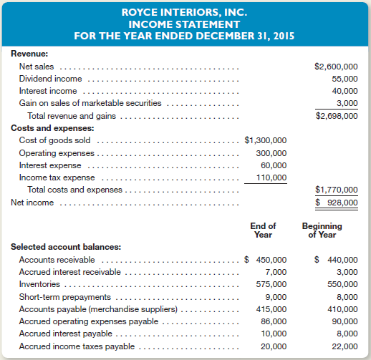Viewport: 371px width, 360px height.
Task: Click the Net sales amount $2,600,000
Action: (336, 67)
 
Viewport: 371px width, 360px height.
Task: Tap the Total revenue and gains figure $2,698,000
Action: (336, 116)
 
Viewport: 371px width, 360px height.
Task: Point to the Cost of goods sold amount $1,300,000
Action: (266, 140)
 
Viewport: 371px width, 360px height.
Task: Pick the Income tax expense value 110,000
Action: (271, 177)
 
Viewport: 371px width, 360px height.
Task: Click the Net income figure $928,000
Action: (337, 203)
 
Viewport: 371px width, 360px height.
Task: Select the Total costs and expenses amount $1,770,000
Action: (336, 190)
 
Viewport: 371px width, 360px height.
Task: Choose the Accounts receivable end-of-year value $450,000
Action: (266, 260)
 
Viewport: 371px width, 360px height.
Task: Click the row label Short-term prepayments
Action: (66, 297)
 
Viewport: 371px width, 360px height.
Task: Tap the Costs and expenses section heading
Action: (46, 128)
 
